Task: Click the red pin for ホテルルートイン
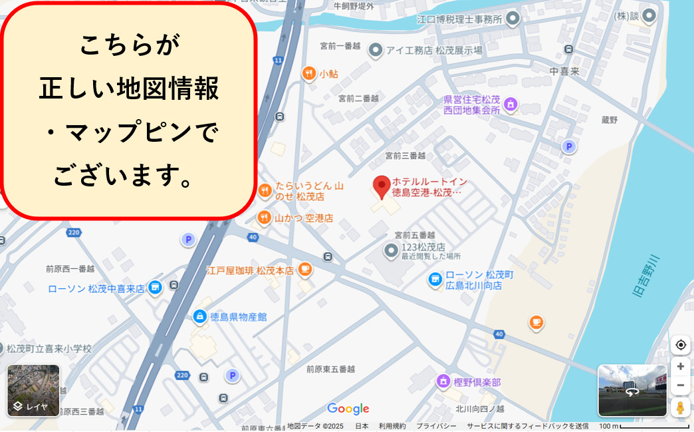pyautogui.click(x=382, y=186)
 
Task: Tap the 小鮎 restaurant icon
pyautogui.click(x=308, y=74)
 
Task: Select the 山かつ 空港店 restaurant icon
pyautogui.click(x=264, y=218)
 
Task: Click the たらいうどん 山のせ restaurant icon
pyautogui.click(x=265, y=191)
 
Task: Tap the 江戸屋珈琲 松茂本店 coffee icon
pyautogui.click(x=304, y=270)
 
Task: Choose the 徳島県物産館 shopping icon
pyautogui.click(x=199, y=316)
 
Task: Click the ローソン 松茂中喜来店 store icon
pyautogui.click(x=155, y=288)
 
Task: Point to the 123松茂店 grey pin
pyautogui.click(x=392, y=251)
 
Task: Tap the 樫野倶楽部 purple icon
pyautogui.click(x=443, y=381)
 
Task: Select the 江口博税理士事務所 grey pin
pyautogui.click(x=513, y=19)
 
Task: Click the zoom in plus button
pyautogui.click(x=680, y=366)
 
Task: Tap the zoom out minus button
pyautogui.click(x=680, y=385)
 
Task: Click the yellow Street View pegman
pyautogui.click(x=680, y=407)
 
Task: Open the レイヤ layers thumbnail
pyautogui.click(x=33, y=390)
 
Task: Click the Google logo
pyautogui.click(x=348, y=408)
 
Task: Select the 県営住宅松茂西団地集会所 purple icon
pyautogui.click(x=511, y=104)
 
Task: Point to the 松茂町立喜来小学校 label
pyautogui.click(x=49, y=348)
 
